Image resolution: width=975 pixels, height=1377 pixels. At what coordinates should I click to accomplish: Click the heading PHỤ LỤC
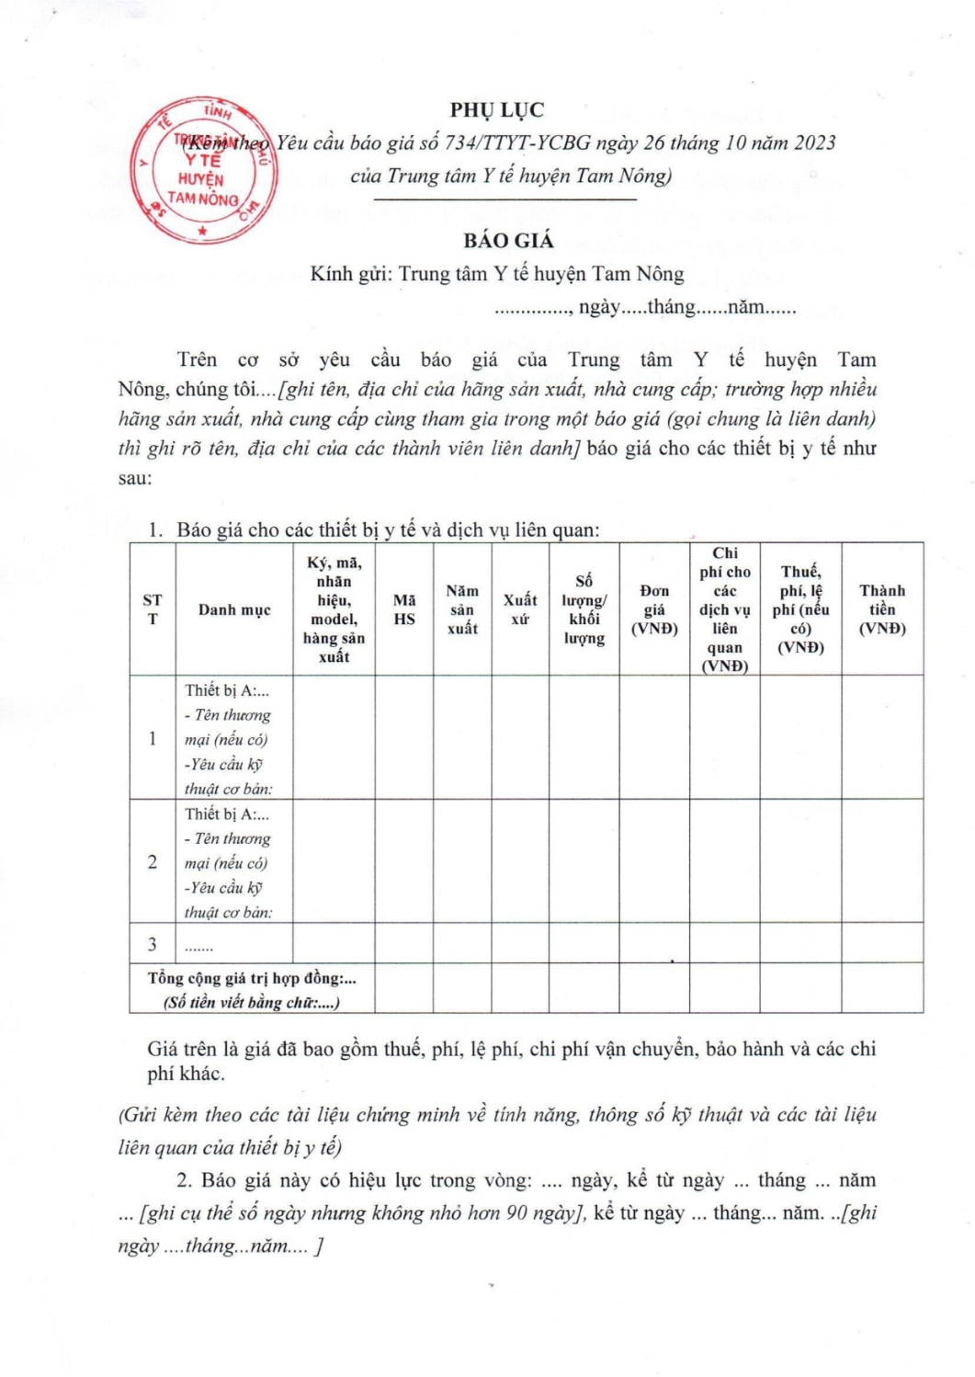point(497,109)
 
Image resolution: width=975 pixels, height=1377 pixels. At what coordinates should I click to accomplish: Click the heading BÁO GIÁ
point(508,241)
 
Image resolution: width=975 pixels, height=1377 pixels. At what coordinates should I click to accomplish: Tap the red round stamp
point(202,175)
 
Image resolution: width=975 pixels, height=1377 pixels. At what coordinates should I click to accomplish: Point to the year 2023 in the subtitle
point(815,142)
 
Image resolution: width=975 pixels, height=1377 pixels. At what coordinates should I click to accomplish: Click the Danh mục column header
point(234,609)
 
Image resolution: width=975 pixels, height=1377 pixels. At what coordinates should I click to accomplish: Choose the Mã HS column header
point(404,609)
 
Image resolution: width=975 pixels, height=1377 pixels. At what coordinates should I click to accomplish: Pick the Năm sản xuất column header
point(462,609)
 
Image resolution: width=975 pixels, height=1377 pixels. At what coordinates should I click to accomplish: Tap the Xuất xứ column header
point(520,609)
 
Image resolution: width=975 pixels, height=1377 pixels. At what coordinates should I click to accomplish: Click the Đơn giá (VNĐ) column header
point(654,609)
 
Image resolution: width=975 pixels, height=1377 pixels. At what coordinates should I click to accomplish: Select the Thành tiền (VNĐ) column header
point(882,609)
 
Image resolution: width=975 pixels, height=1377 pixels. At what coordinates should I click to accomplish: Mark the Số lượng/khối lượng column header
point(584,609)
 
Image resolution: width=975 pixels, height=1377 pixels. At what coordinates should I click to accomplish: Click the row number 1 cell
point(153,738)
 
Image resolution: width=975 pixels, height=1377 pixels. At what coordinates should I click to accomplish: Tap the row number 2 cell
point(153,862)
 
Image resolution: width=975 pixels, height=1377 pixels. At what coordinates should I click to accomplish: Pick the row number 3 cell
point(153,944)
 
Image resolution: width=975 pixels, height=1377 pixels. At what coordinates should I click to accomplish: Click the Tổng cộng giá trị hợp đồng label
point(252,979)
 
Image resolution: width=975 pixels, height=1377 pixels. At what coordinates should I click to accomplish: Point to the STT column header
point(153,609)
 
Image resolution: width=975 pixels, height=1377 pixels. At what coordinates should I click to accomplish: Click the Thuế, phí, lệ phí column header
point(800,609)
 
